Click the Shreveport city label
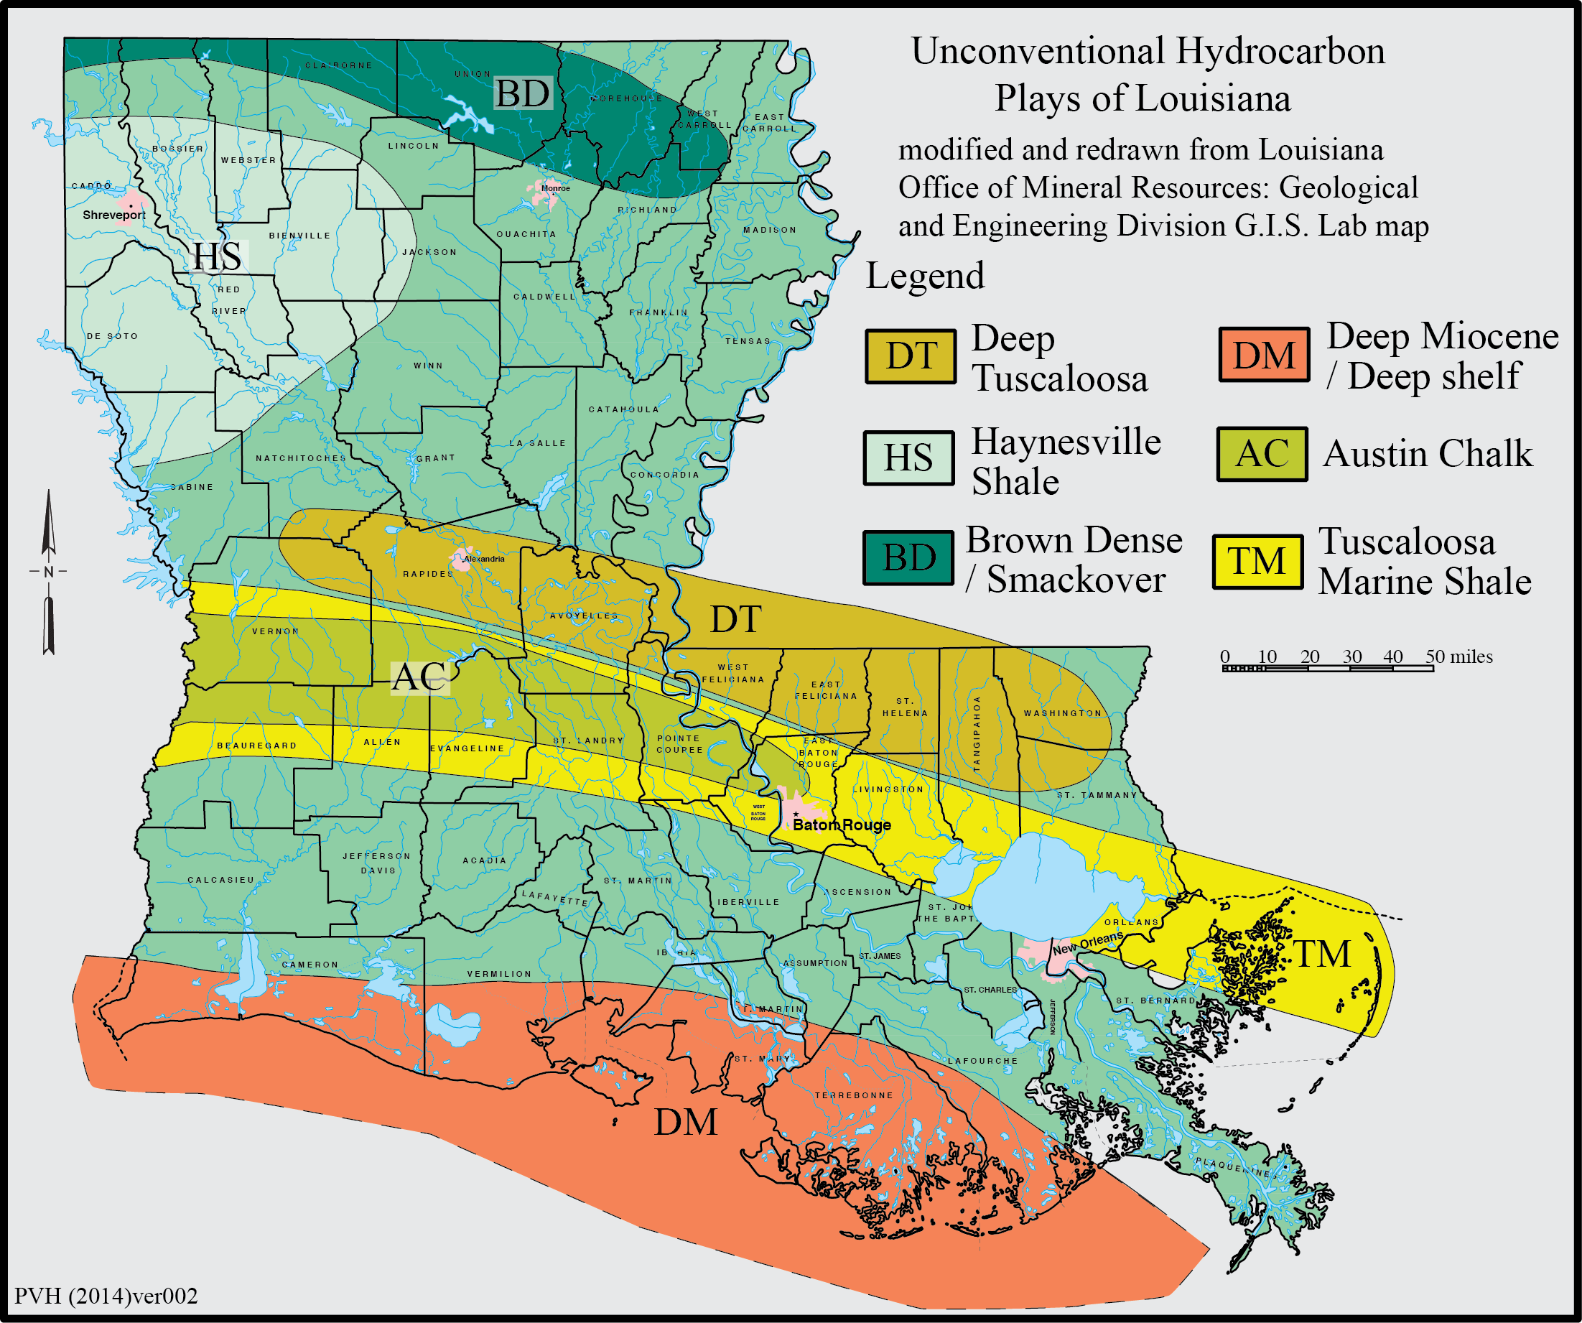113,215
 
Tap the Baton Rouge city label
842,825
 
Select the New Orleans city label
1087,942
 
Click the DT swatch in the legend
911,356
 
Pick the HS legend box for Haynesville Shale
908,458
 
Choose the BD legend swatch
908,558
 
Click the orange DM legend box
1264,355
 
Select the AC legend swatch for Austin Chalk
1262,455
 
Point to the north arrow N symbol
49,572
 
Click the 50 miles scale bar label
1458,656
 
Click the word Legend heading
924,276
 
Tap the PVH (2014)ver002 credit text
106,1296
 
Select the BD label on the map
522,94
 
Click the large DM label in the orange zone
686,1123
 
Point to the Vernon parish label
275,631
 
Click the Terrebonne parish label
854,1095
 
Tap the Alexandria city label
485,559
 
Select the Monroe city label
556,188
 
